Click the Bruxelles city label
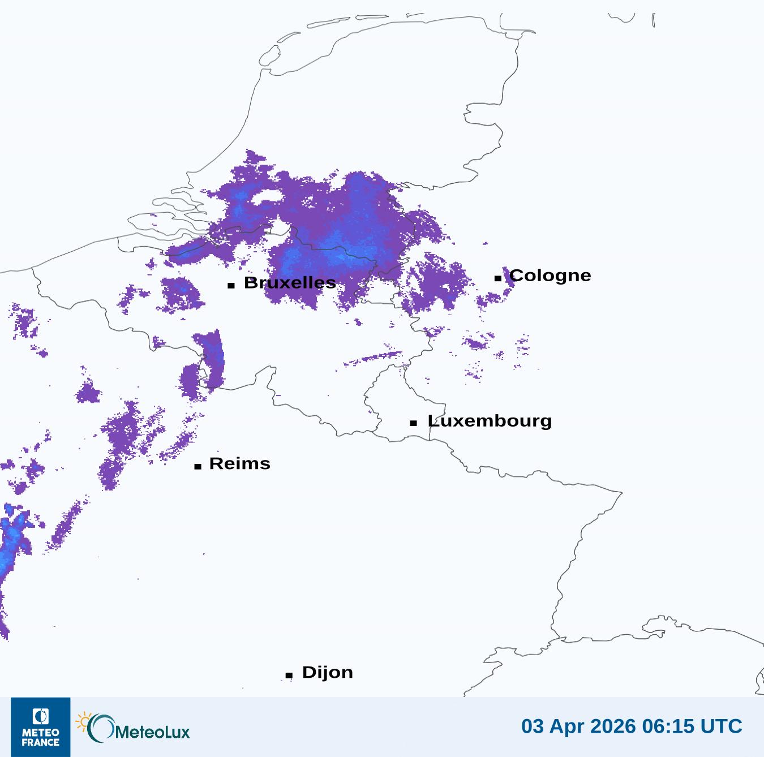290,283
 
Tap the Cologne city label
550,276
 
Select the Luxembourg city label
490,421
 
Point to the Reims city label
239,464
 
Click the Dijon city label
327,672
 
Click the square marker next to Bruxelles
231,285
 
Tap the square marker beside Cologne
497,278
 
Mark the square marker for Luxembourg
414,423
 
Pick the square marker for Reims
198,466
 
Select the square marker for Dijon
289,675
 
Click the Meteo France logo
41,727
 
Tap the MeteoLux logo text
152,732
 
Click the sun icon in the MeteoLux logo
83,722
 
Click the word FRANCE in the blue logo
41,742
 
